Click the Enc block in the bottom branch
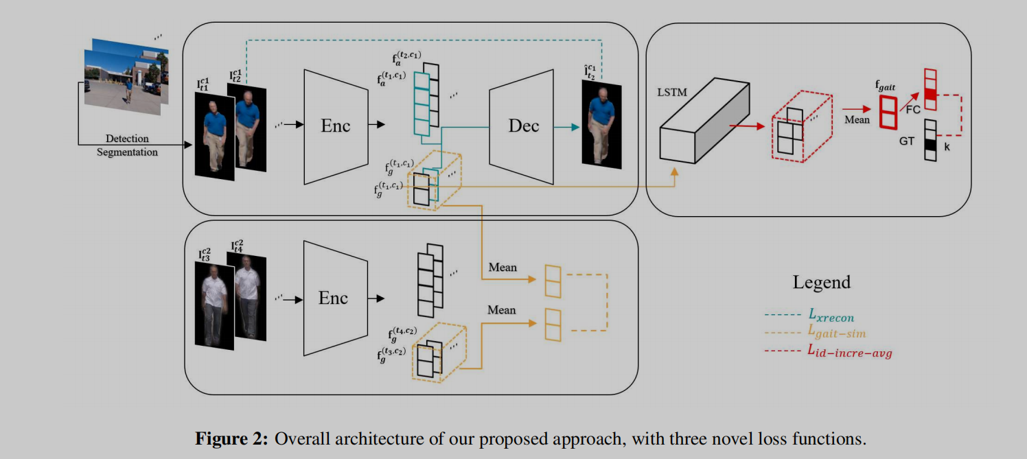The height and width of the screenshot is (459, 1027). pyautogui.click(x=333, y=298)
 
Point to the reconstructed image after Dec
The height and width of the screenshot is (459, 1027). pyautogui.click(x=601, y=124)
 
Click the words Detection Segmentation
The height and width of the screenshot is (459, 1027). pyautogui.click(x=127, y=145)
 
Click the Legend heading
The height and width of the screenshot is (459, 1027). pyautogui.click(x=821, y=281)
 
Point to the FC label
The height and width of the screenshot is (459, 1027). pyautogui.click(x=913, y=108)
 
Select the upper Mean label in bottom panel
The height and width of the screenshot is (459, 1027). pyautogui.click(x=502, y=267)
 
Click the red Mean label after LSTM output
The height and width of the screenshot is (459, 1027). pyautogui.click(x=857, y=119)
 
